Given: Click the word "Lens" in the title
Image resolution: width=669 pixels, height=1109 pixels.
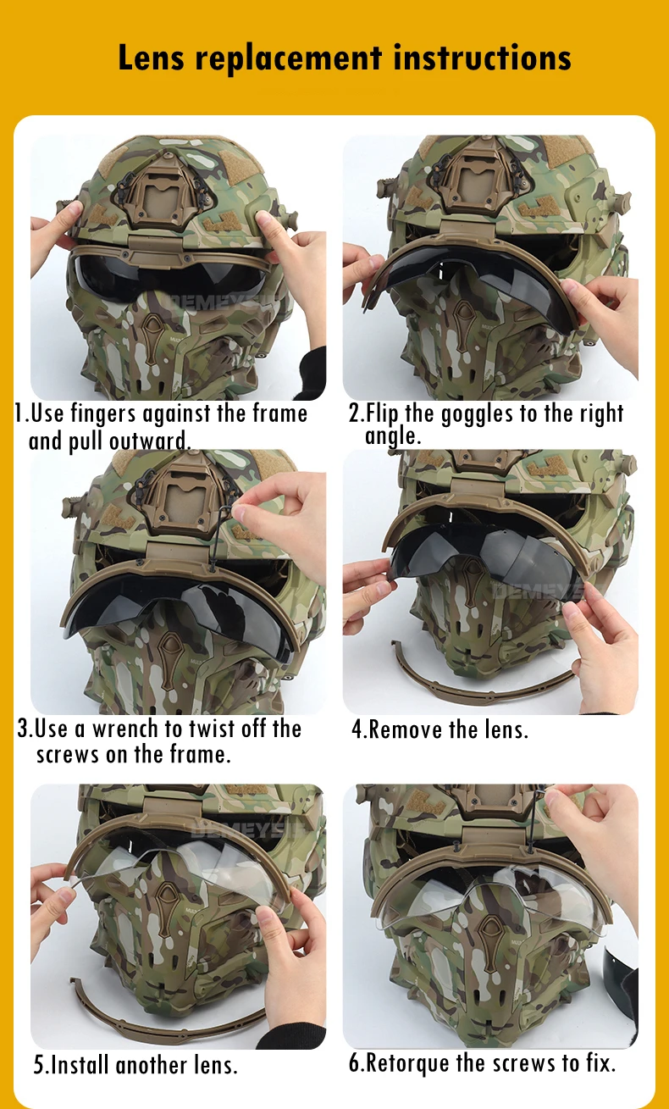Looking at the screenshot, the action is [x=151, y=57].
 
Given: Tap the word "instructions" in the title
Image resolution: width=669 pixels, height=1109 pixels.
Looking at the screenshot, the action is [x=483, y=57].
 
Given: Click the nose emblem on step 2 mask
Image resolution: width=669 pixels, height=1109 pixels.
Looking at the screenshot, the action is [x=462, y=318].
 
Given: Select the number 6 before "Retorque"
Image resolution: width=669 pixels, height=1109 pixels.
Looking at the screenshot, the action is [x=354, y=1063].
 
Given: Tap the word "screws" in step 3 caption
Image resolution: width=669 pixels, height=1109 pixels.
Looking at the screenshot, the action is [x=67, y=756].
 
